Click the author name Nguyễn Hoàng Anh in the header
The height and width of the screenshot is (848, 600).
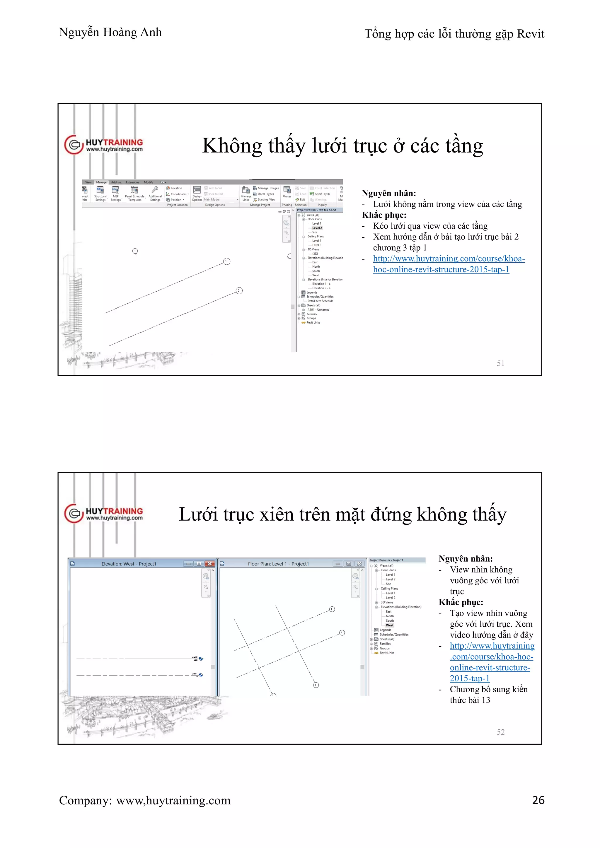pos(110,33)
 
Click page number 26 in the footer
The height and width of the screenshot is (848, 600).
pos(538,800)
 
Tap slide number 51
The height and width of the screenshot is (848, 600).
pos(500,363)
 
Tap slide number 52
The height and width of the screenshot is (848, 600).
pos(500,732)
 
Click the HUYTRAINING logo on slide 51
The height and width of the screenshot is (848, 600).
pos(104,145)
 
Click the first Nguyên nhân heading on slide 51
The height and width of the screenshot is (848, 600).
pos(389,193)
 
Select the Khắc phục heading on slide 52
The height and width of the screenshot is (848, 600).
pos(461,602)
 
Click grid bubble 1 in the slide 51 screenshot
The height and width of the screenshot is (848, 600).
pos(227,261)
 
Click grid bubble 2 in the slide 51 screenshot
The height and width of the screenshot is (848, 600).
pos(239,291)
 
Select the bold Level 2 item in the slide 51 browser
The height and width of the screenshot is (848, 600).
pos(317,228)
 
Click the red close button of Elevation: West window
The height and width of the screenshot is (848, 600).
pos(210,564)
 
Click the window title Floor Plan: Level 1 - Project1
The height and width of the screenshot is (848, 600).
pos(278,564)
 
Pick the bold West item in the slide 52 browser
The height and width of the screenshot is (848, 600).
pos(389,625)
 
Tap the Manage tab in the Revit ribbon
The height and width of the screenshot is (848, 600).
pos(101,182)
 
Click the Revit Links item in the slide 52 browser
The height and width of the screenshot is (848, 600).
pos(387,653)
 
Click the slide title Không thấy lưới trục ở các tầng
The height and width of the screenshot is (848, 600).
pos(342,146)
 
